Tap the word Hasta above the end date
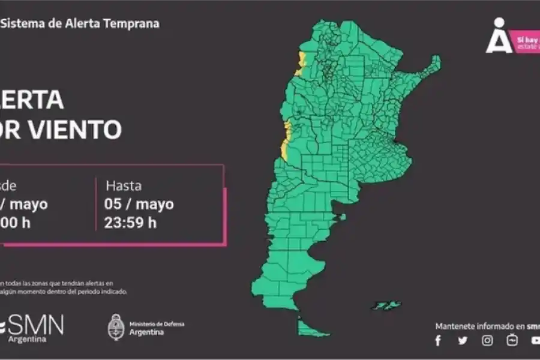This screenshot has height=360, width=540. [124, 185]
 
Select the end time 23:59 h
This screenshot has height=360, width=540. [130, 223]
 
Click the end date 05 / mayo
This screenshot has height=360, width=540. [139, 204]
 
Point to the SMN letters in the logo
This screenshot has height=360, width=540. [35, 325]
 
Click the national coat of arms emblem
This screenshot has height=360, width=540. [116, 327]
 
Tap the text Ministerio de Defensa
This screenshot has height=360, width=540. [157, 324]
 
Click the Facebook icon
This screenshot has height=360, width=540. [438, 341]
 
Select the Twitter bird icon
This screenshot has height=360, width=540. [463, 341]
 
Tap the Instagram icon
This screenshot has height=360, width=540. [487, 341]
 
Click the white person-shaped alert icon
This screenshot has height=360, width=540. [499, 36]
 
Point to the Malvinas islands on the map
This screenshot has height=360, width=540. [385, 305]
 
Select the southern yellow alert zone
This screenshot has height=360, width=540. [286, 141]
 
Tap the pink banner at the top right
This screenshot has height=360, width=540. [527, 43]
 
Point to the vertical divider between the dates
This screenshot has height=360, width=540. [96, 204]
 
